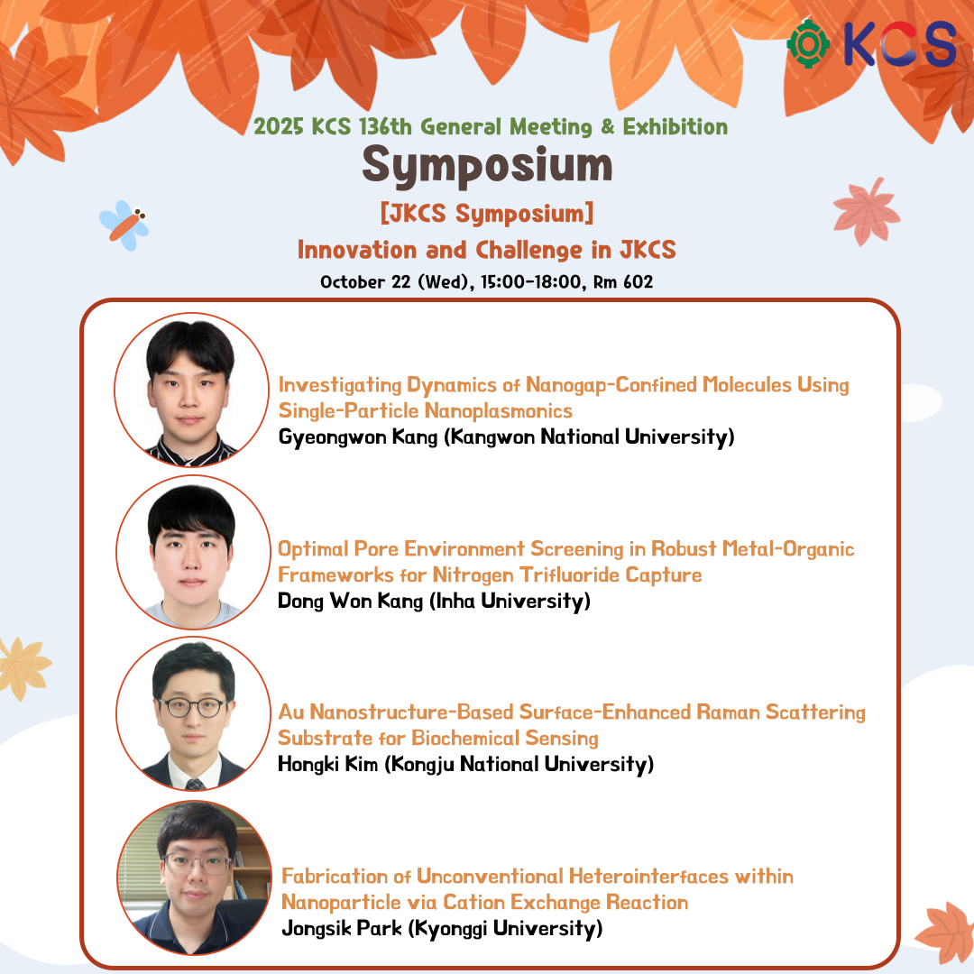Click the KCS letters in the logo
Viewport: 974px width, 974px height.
pyautogui.click(x=900, y=44)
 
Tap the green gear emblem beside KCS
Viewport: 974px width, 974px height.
pyautogui.click(x=807, y=44)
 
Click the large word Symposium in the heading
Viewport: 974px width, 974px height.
pyautogui.click(x=487, y=165)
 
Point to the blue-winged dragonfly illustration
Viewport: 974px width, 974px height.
pyautogui.click(x=124, y=225)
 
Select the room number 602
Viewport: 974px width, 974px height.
pyautogui.click(x=638, y=282)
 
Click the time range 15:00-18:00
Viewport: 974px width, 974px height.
pyautogui.click(x=532, y=282)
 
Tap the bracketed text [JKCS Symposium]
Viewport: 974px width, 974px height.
pyautogui.click(x=487, y=213)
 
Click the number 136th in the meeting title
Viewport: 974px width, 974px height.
pyautogui.click(x=385, y=127)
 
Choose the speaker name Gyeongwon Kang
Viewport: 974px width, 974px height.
pyautogui.click(x=358, y=437)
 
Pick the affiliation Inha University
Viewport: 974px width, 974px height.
pyautogui.click(x=510, y=602)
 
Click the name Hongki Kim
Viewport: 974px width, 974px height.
pyautogui.click(x=327, y=764)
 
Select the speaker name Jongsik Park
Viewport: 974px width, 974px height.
pyautogui.click(x=342, y=928)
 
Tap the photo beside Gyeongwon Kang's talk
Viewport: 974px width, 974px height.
pyautogui.click(x=192, y=390)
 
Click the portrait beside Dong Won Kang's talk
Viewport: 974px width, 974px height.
pyautogui.click(x=193, y=552)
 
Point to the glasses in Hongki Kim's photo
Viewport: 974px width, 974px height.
pyautogui.click(x=193, y=708)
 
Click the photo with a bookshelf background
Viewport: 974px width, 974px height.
pyautogui.click(x=195, y=878)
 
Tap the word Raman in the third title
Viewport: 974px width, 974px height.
pyautogui.click(x=728, y=712)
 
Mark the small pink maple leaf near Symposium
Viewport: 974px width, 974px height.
pyautogui.click(x=867, y=211)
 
